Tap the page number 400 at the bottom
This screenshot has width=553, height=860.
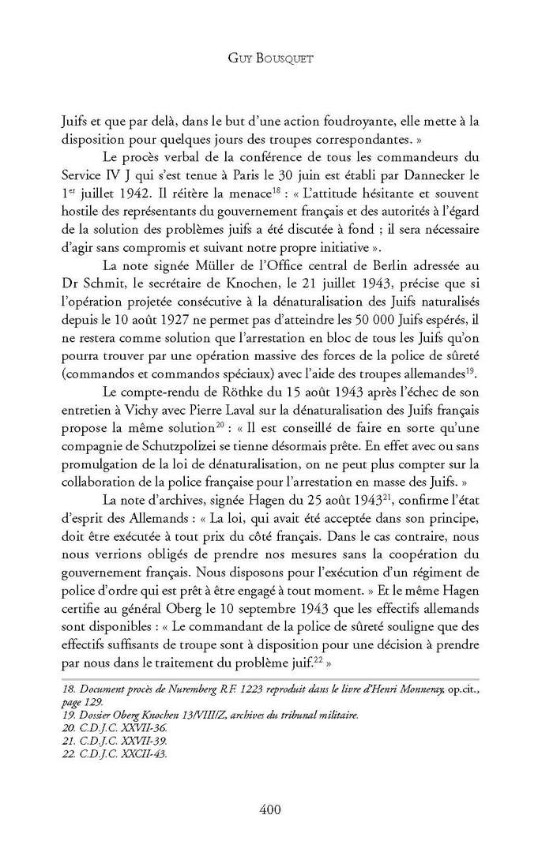click(276, 809)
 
